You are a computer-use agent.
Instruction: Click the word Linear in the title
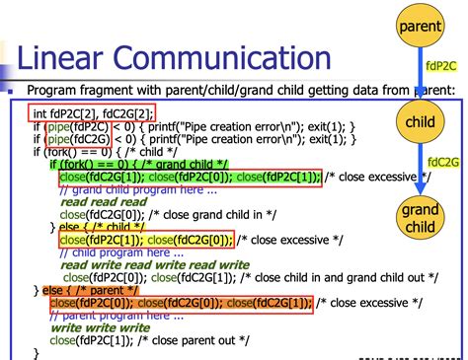(71, 56)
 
